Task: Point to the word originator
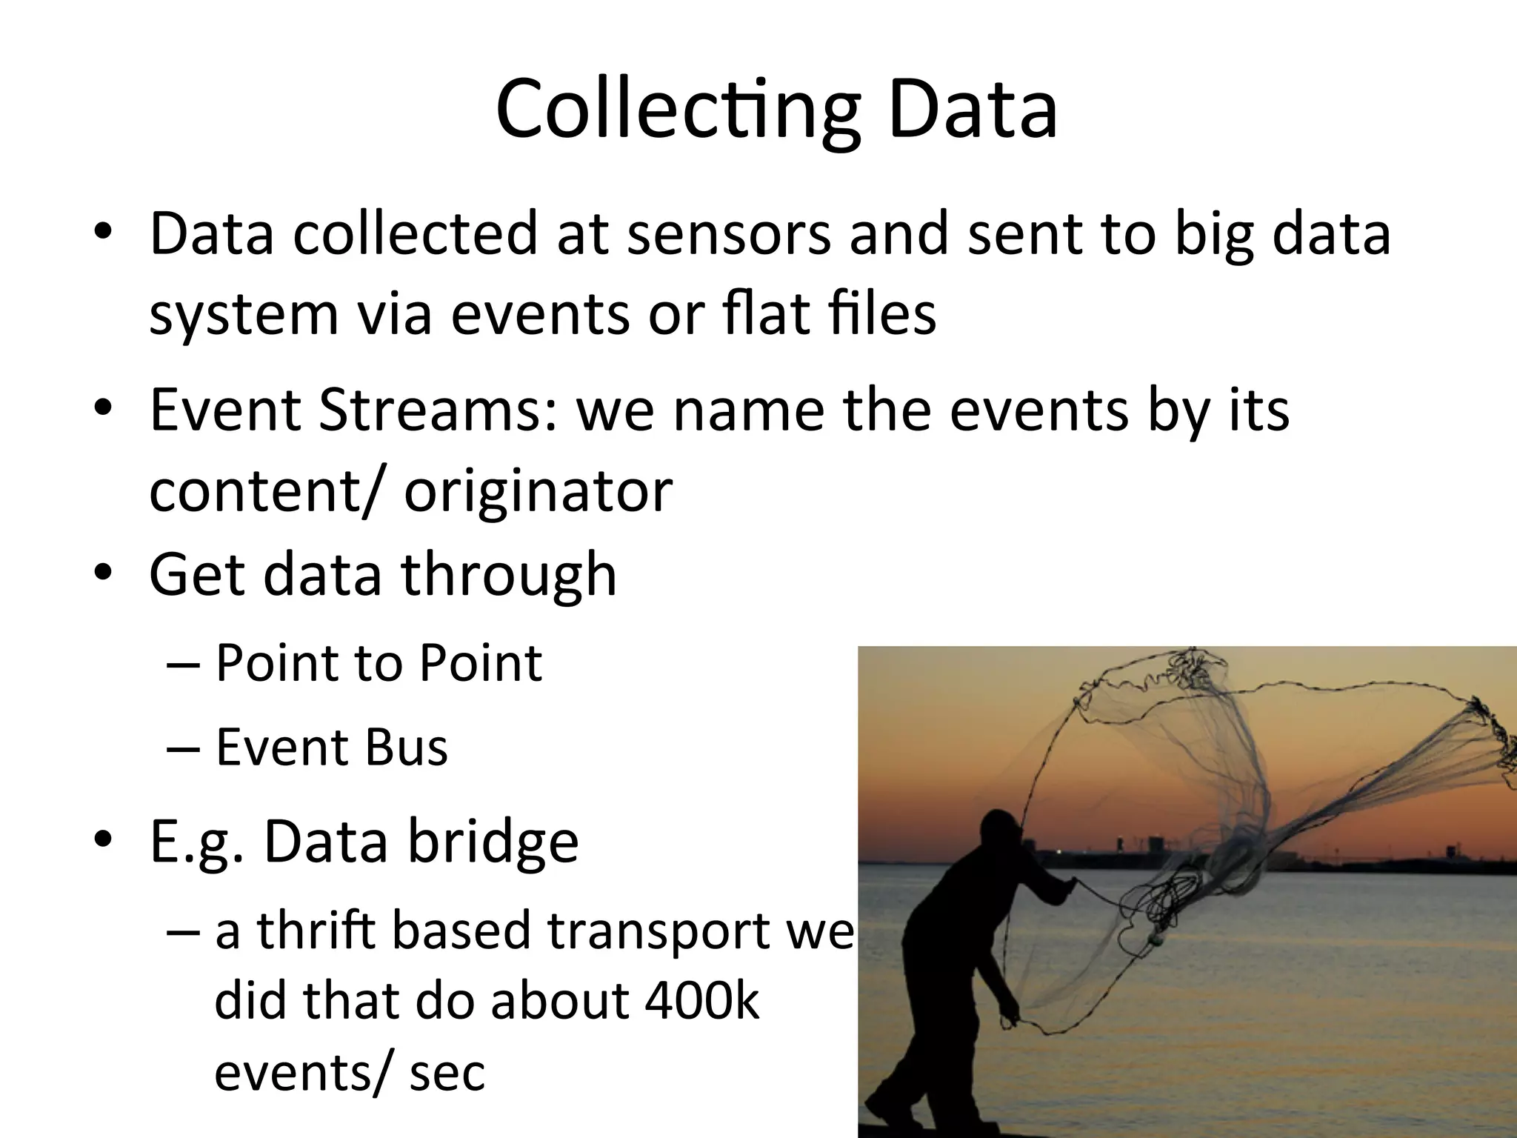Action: click(538, 490)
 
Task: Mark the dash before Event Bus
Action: click(182, 748)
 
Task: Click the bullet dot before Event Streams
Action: click(103, 410)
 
